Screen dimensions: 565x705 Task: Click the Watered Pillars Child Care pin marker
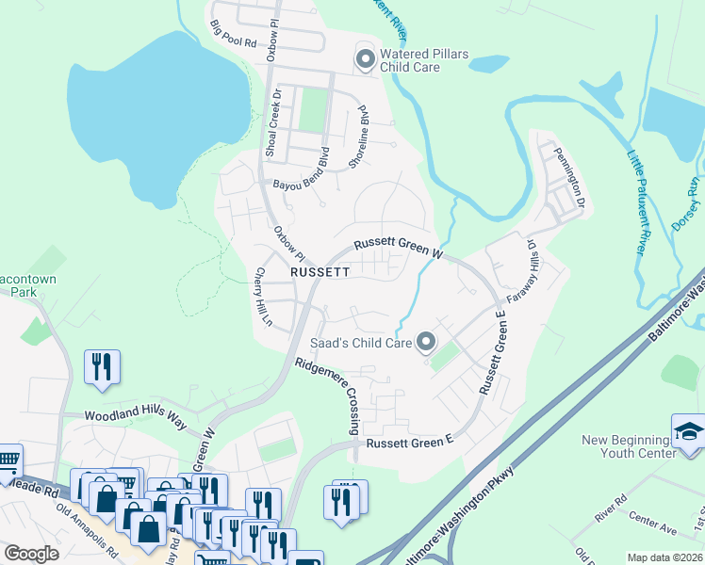[365, 59]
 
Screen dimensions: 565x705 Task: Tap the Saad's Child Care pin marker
[426, 342]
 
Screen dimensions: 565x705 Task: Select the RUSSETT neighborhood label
[320, 271]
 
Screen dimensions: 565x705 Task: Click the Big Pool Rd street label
[234, 34]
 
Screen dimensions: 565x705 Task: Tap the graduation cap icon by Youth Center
[687, 431]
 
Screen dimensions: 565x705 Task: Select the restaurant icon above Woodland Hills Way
[102, 365]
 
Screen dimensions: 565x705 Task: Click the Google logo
[31, 554]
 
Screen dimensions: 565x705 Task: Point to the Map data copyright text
[664, 557]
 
